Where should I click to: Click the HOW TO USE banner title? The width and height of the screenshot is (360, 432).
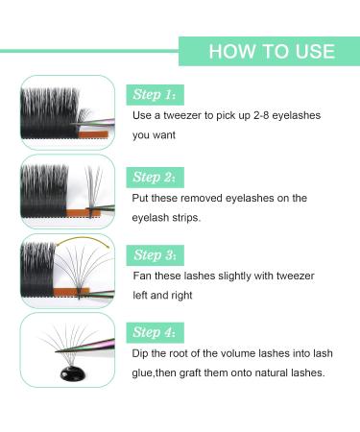pos(271,51)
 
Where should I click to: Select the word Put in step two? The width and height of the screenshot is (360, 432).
pos(143,198)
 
